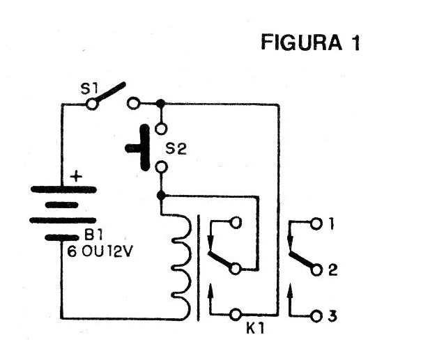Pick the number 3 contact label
332,315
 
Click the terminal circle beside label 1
316,224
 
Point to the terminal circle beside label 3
316,315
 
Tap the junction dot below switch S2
161,195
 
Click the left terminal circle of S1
91,104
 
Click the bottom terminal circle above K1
236,315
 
